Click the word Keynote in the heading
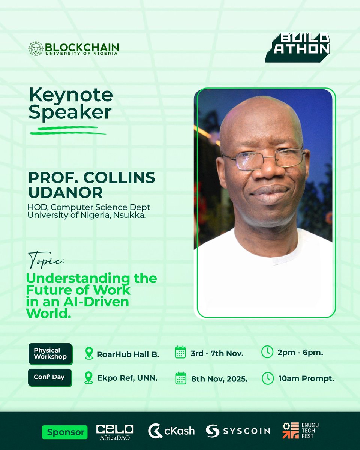(71, 95)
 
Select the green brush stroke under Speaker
(68, 131)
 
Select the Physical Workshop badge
(50, 353)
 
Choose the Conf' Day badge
(50, 377)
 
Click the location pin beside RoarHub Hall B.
(89, 353)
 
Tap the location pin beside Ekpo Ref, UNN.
(89, 378)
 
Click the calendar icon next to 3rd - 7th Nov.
(180, 352)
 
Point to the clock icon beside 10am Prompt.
(267, 378)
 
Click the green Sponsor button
(65, 432)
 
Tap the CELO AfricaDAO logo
(114, 431)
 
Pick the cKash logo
(171, 430)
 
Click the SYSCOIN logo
(238, 430)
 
